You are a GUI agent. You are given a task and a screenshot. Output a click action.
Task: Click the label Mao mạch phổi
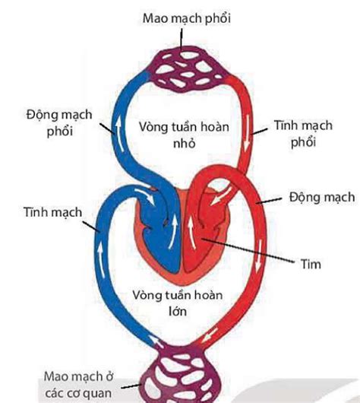186,18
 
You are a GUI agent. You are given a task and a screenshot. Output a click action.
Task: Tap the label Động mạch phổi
59,123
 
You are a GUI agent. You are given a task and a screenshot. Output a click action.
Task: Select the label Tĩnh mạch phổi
303,134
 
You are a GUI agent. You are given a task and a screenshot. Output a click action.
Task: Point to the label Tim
311,264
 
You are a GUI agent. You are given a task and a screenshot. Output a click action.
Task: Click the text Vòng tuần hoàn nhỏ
184,135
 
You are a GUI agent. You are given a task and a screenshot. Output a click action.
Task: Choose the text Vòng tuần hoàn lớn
178,303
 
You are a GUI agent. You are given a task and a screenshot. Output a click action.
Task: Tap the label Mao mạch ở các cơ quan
78,385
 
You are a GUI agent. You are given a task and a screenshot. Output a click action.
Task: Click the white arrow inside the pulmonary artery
119,134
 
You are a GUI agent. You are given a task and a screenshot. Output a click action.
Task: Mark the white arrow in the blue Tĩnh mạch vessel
101,259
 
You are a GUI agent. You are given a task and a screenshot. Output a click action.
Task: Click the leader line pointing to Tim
248,251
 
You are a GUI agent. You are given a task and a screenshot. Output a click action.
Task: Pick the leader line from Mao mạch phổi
182,39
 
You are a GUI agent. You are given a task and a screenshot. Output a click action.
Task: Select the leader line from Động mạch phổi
107,129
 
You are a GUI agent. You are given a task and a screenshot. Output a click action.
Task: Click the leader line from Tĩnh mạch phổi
259,131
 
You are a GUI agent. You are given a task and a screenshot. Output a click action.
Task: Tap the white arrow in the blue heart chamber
173,231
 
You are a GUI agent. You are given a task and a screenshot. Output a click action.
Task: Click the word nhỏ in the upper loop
184,143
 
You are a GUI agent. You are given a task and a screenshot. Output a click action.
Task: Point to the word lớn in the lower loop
178,311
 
